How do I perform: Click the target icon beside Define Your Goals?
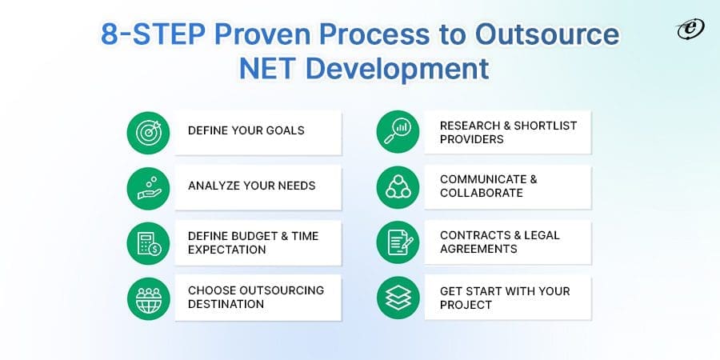point(149,132)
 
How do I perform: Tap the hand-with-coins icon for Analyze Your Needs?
point(149,186)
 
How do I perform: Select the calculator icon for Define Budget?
point(149,242)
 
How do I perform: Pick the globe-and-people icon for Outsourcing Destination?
point(149,297)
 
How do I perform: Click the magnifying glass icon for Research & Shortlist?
point(398,132)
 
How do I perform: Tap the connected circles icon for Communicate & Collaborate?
point(398,186)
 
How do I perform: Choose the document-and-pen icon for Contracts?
point(398,242)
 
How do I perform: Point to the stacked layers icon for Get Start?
point(398,297)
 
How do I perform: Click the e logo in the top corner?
point(686,30)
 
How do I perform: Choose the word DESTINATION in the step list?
point(227,304)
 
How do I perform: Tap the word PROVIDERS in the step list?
point(472,139)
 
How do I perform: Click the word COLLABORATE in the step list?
point(481,194)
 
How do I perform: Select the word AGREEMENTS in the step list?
point(478,249)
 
